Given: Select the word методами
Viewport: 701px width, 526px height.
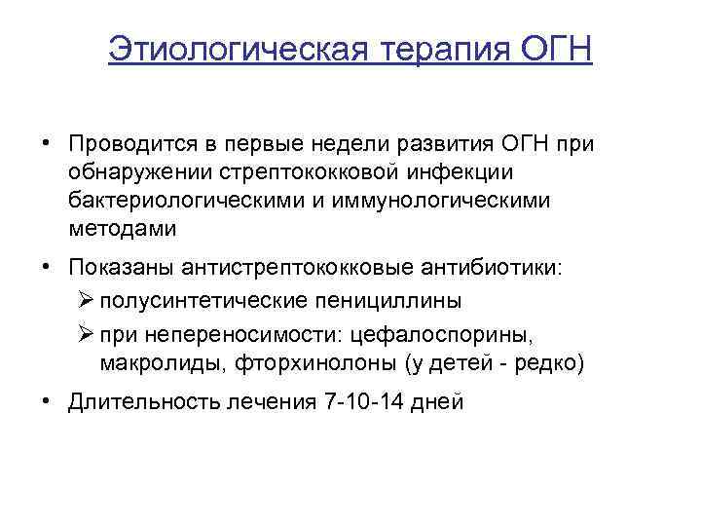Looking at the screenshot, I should tap(123, 229).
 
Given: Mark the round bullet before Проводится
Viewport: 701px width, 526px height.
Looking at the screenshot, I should tap(45, 144).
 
